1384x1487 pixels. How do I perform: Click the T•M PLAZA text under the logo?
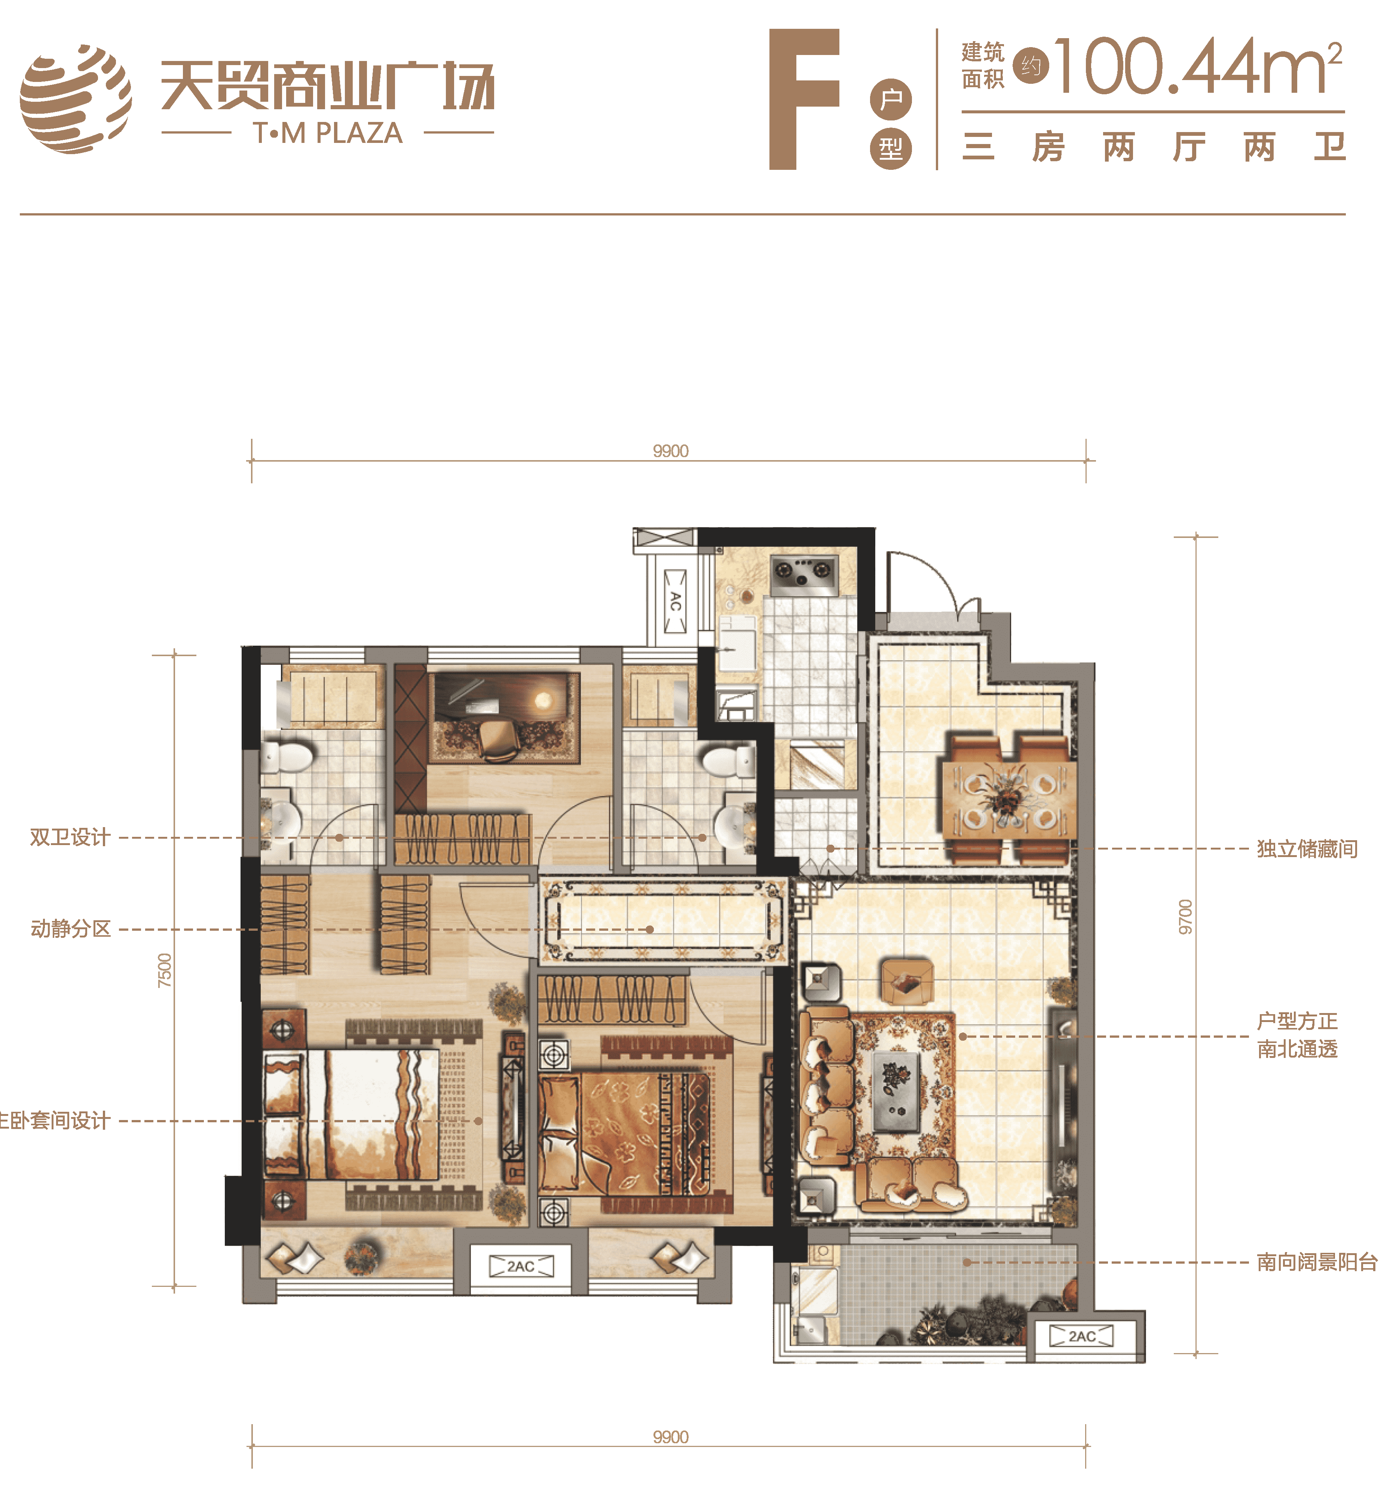pos(328,133)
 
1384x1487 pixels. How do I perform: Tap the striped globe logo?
pos(76,99)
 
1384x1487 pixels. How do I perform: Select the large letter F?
pos(804,100)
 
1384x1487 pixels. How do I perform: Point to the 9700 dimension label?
pos(1185,916)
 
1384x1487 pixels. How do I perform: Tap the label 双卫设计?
pos(70,837)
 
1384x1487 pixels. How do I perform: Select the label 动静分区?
pos(70,929)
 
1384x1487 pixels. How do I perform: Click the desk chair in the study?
pos(499,741)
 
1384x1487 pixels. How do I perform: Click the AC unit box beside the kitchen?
pos(676,601)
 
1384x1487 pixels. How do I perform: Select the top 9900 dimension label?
pos(670,451)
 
